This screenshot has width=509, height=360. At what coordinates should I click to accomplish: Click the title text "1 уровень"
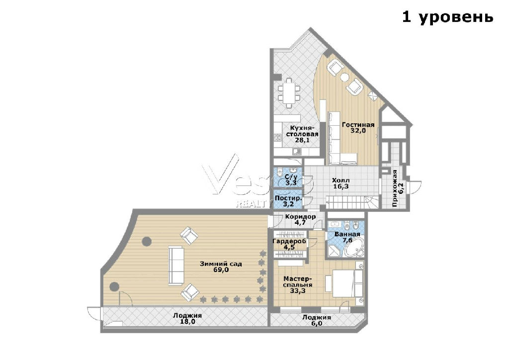[448, 16]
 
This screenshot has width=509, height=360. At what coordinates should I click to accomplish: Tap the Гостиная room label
[358, 125]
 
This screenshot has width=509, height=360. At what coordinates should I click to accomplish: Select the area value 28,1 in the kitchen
[302, 140]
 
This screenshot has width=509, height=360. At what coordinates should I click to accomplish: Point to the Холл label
[341, 180]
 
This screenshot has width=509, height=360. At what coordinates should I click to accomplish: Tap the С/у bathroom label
[290, 177]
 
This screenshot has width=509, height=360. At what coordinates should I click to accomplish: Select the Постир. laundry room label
[288, 198]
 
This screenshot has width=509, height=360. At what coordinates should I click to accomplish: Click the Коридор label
[300, 216]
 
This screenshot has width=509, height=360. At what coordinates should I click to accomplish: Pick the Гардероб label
[289, 242]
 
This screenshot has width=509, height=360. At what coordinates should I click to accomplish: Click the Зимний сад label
[221, 264]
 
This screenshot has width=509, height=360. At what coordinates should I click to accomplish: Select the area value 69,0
[221, 270]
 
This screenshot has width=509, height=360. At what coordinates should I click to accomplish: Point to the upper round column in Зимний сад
[147, 241]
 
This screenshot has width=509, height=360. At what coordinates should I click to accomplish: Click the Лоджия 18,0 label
[187, 318]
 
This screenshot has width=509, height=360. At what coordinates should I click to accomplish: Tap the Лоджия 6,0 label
[317, 320]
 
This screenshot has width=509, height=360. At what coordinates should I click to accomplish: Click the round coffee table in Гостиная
[344, 77]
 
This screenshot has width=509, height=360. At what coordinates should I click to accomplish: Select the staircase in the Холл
[352, 202]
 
